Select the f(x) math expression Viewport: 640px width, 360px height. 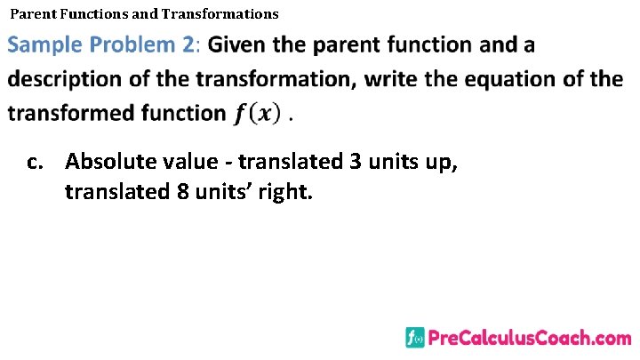[x=257, y=114]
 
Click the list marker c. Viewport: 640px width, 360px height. [x=36, y=162]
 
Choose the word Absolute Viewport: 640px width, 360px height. [x=110, y=162]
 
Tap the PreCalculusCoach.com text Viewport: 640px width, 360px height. [x=530, y=338]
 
